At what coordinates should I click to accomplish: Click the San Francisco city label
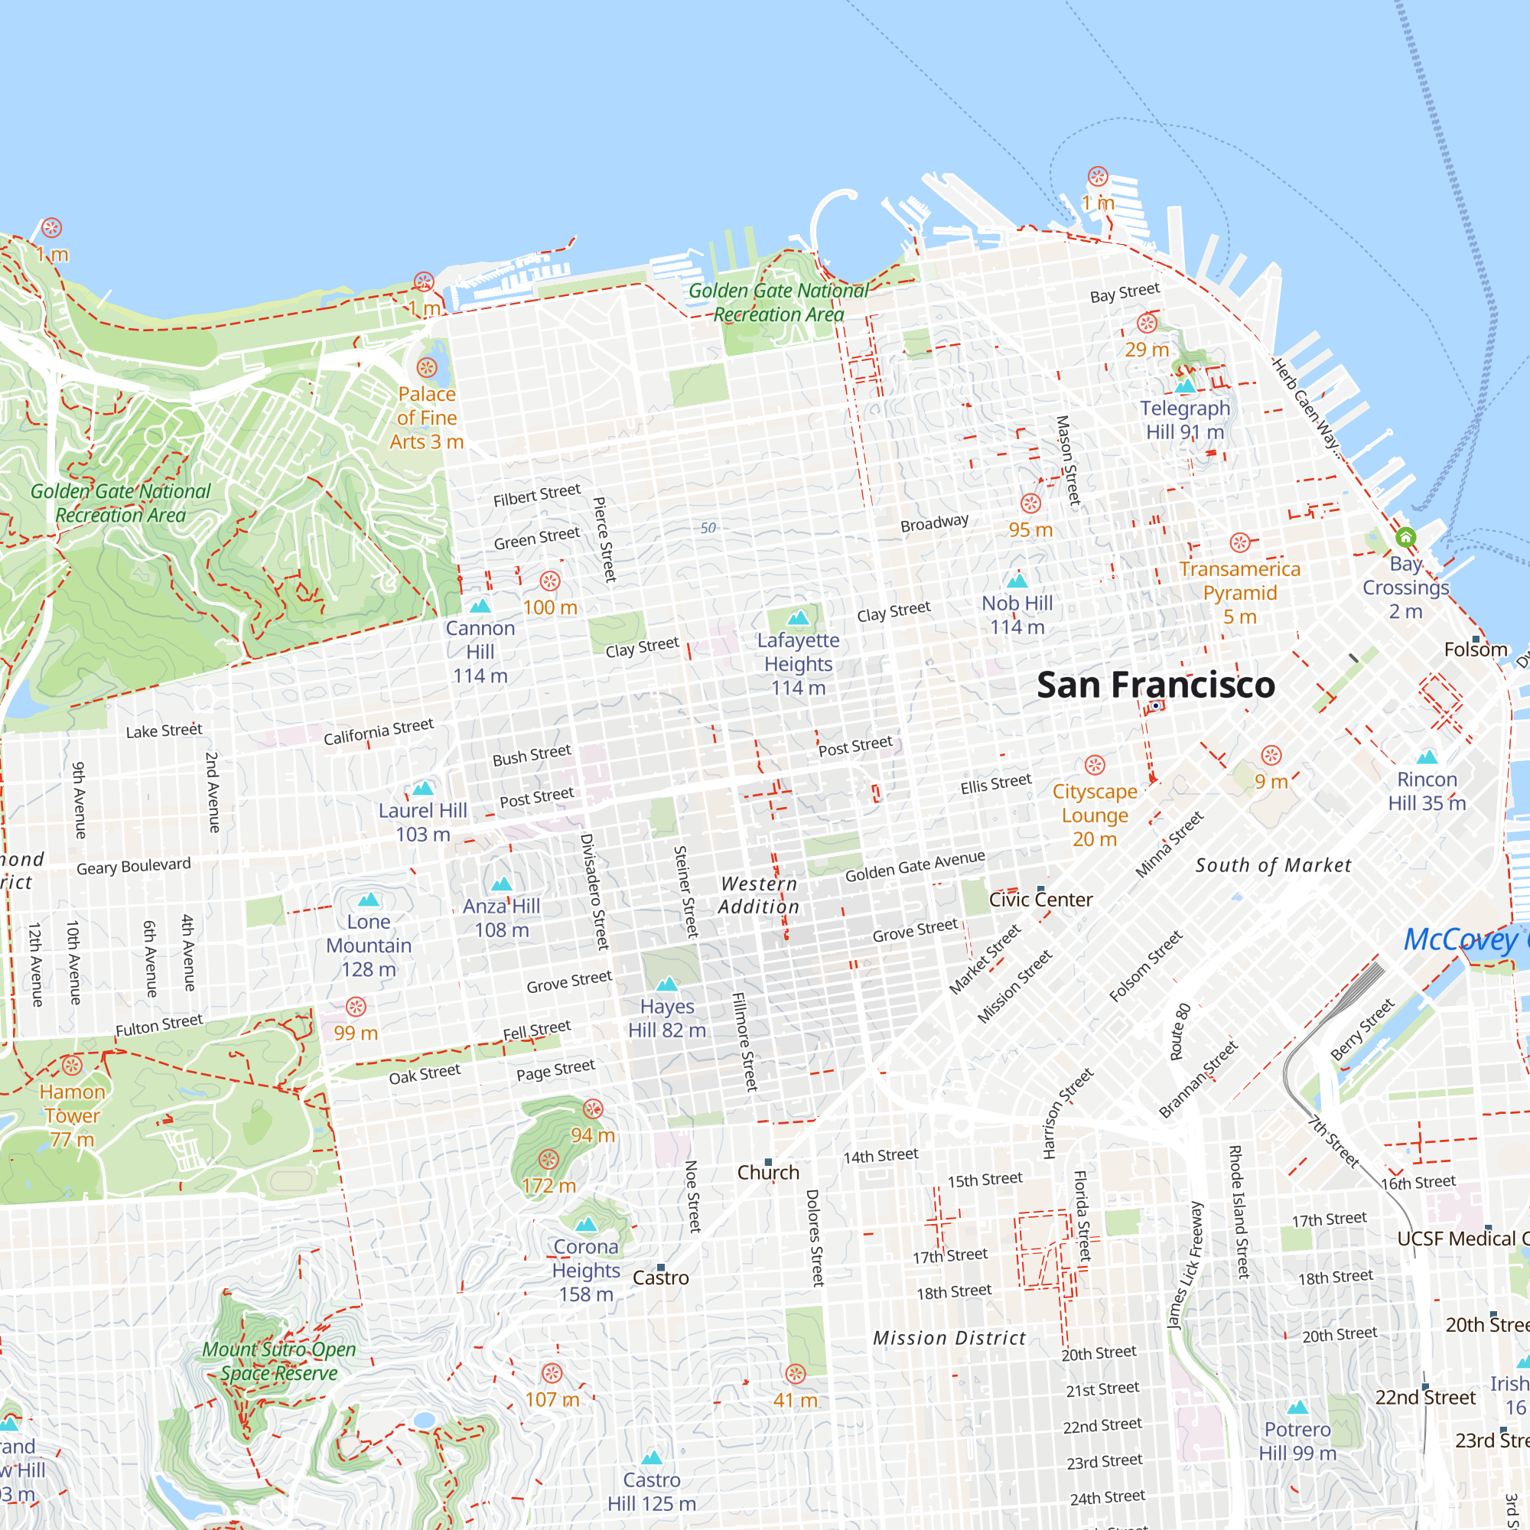coord(1155,685)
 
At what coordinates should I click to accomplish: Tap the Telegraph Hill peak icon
coord(1185,386)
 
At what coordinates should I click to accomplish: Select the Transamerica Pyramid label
coord(1239,592)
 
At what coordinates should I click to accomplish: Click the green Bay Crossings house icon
coord(1405,538)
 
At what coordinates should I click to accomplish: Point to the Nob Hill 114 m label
coord(1017,614)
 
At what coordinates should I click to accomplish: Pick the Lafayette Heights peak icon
coord(798,617)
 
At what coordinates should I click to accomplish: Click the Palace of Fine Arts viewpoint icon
coord(427,367)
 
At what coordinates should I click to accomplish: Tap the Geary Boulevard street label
coord(133,867)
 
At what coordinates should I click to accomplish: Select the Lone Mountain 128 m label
coord(368,945)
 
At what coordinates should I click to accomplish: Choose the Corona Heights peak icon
coord(586,1224)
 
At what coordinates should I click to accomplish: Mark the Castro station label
coord(660,1278)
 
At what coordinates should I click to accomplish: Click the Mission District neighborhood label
coord(949,1338)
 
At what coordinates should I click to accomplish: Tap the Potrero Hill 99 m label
coord(1297,1441)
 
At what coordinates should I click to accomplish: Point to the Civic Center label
coord(1040,900)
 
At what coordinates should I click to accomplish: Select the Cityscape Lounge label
coord(1095,815)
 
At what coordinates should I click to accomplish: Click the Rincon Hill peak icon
coord(1427,757)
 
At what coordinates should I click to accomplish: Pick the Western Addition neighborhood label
coord(759,895)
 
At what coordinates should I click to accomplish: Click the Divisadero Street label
coord(594,892)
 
